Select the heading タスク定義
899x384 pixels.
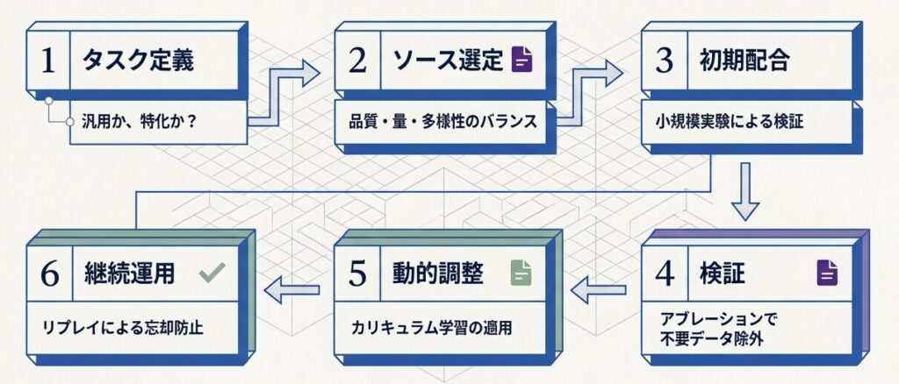pos(138,61)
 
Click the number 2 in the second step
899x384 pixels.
pos(356,61)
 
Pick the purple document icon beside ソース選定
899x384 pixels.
pos(522,60)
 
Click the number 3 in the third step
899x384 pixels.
pos(665,61)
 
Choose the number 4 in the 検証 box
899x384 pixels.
pos(665,273)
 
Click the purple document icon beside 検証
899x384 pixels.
pos(827,273)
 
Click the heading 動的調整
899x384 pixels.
pos(437,273)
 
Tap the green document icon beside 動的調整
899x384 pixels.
pos(521,273)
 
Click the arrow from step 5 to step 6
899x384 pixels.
pos(291,288)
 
